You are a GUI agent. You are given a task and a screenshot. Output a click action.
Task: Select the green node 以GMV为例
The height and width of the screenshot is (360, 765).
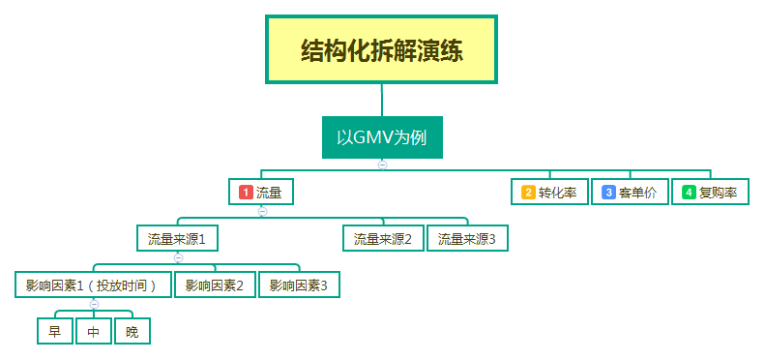[381, 136]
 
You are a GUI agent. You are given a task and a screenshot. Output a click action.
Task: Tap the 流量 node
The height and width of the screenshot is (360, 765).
[262, 192]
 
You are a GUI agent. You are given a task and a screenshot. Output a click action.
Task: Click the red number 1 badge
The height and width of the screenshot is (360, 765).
[246, 192]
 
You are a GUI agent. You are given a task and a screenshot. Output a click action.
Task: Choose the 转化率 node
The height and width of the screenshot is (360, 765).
[548, 192]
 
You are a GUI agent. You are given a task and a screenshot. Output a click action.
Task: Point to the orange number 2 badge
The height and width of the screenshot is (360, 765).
[528, 192]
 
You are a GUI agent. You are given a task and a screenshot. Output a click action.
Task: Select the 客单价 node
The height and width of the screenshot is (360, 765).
[629, 192]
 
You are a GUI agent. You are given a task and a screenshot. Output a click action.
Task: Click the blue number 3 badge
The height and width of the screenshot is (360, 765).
[608, 192]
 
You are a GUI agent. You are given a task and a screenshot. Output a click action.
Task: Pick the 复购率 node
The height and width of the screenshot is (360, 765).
[710, 192]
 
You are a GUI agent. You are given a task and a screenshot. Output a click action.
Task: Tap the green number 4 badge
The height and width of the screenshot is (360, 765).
[689, 192]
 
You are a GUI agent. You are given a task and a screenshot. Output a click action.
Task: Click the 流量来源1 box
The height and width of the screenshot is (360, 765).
[177, 238]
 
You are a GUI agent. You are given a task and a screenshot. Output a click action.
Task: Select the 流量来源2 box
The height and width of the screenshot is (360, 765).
[383, 238]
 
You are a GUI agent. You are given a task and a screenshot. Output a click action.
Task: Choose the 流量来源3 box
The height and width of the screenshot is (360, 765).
[467, 238]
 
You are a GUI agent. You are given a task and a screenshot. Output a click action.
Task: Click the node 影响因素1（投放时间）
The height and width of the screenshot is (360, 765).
[94, 285]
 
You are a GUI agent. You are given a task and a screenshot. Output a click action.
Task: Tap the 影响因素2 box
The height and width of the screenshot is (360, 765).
[215, 285]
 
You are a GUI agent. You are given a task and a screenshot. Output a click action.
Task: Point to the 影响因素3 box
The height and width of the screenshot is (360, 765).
[299, 285]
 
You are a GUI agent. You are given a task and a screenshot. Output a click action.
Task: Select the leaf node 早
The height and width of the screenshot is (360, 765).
[54, 332]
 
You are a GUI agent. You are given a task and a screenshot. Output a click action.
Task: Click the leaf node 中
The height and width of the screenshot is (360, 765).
[93, 332]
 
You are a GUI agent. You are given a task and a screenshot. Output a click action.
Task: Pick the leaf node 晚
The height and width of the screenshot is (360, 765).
[132, 332]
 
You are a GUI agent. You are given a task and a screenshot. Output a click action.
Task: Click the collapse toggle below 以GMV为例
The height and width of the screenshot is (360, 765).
[382, 165]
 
